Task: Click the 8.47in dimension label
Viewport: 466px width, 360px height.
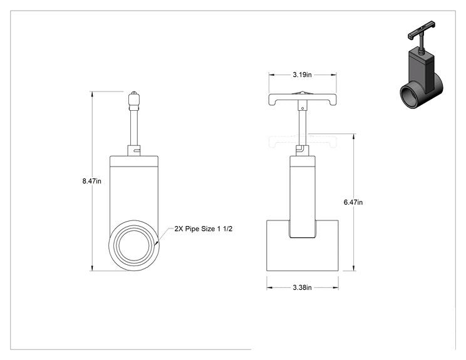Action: [x=92, y=181]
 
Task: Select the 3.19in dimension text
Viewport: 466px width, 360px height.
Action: [x=303, y=75]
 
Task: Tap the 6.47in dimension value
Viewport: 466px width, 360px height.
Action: [x=353, y=202]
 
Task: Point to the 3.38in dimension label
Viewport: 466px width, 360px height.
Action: [x=303, y=287]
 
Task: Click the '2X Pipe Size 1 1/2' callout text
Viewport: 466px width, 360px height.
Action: [x=204, y=229]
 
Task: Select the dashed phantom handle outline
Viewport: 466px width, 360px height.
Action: [x=303, y=141]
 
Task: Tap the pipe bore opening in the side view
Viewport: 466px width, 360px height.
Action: [x=134, y=245]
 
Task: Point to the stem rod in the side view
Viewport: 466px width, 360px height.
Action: [x=134, y=128]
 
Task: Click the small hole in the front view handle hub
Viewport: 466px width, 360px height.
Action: [x=303, y=108]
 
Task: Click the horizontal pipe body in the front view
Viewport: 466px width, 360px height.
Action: [x=303, y=245]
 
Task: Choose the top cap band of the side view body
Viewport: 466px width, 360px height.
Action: [x=134, y=161]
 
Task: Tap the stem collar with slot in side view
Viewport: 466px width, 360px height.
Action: [x=134, y=151]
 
